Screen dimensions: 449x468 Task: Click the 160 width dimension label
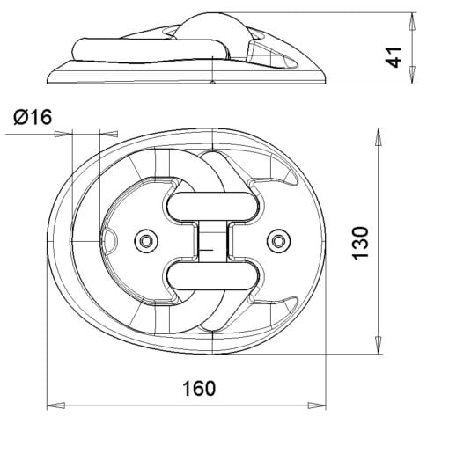pos(199,388)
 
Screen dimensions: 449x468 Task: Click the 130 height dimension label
pos(361,244)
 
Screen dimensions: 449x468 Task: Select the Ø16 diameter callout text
pos(33,117)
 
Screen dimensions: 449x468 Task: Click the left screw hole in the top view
pos(146,240)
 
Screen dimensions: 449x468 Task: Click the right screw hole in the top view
pos(278,240)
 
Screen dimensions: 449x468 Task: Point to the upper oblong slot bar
pos(212,207)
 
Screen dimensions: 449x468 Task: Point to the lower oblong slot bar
pos(212,276)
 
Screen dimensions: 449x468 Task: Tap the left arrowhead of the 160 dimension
pos(55,406)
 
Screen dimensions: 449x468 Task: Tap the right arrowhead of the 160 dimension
pos(317,406)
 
